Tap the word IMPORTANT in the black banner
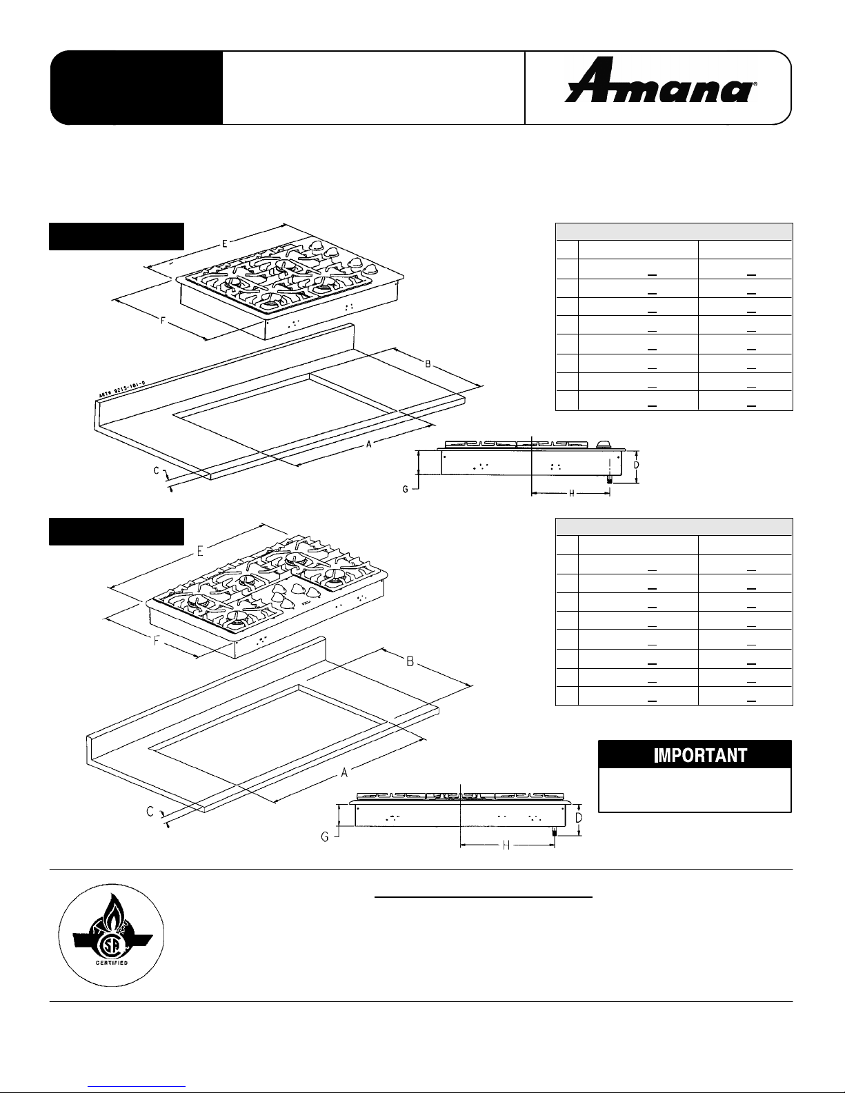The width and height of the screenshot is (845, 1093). pyautogui.click(x=695, y=755)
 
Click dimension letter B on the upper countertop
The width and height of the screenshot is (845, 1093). pyautogui.click(x=428, y=363)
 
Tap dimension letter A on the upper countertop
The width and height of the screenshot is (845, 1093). pyautogui.click(x=369, y=445)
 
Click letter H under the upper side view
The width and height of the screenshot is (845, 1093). pyautogui.click(x=572, y=493)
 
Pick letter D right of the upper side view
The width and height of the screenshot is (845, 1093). pyautogui.click(x=636, y=465)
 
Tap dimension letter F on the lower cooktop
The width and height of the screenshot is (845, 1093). pyautogui.click(x=157, y=640)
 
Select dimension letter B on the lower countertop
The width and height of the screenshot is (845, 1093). pyautogui.click(x=409, y=662)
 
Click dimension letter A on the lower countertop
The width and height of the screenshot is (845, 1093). pyautogui.click(x=344, y=773)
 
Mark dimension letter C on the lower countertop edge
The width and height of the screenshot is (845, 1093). pyautogui.click(x=150, y=812)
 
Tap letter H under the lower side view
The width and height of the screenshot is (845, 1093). pyautogui.click(x=506, y=845)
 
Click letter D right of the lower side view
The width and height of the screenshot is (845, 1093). pyautogui.click(x=579, y=819)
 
